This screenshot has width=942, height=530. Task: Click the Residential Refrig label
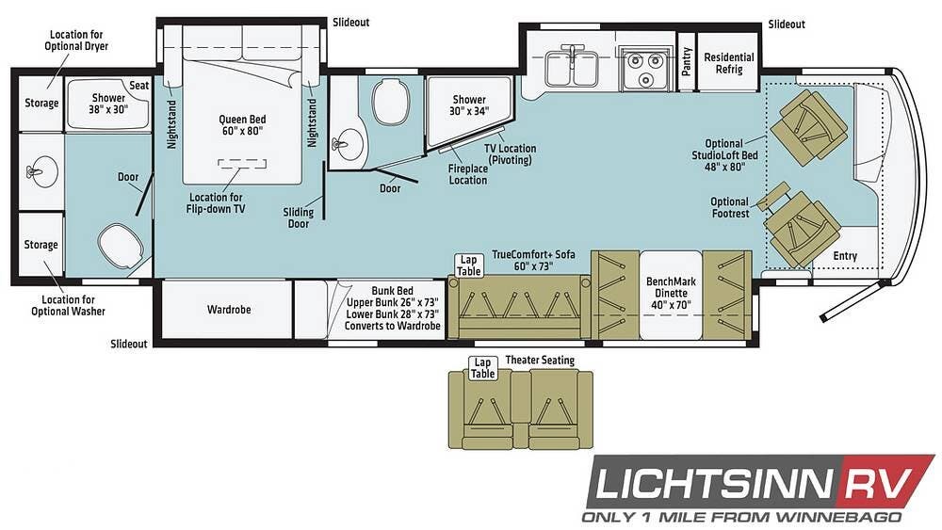729,63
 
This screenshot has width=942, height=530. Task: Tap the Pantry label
687,61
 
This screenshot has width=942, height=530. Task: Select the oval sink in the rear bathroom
41,172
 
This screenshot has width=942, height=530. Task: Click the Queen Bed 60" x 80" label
242,125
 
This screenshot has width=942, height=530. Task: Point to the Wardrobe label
229,310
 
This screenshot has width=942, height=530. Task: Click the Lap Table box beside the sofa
468,265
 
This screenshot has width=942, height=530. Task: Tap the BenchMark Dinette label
671,293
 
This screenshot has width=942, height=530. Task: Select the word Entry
845,256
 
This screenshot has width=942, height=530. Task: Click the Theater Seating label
540,361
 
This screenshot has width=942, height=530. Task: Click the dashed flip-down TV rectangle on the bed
242,164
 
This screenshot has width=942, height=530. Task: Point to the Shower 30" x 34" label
469,105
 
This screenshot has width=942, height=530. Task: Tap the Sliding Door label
299,217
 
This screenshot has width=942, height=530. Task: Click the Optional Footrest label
731,208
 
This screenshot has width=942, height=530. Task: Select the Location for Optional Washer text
69,305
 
